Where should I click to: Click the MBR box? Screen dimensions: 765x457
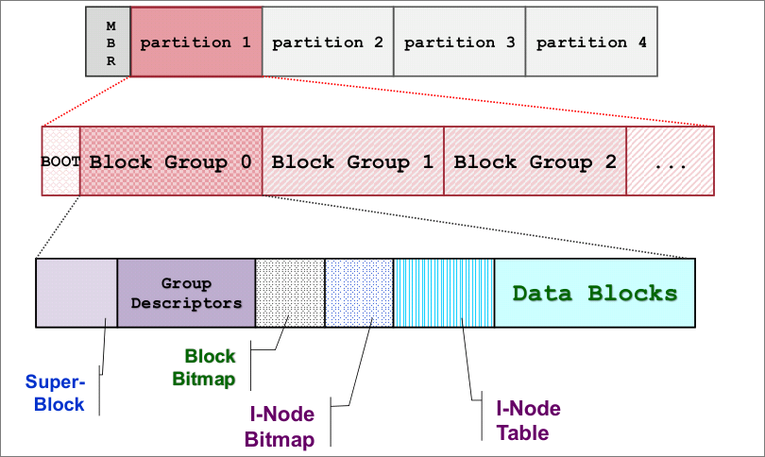[109, 42]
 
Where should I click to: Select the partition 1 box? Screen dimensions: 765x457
[196, 42]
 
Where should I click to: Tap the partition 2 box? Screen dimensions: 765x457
[328, 42]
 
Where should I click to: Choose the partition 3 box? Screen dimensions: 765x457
[460, 42]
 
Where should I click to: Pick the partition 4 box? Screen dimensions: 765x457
[591, 42]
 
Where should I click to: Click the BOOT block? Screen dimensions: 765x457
[60, 161]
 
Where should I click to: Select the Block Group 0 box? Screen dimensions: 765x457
[171, 161]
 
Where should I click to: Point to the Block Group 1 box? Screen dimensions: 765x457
[352, 161]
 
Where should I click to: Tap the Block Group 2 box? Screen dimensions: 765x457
[535, 161]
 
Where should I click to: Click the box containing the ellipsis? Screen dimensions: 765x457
[671, 161]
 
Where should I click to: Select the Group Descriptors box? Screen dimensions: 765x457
[186, 293]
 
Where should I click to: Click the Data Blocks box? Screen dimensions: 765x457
[595, 293]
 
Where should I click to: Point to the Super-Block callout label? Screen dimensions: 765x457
[56, 393]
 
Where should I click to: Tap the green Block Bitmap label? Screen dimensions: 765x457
[204, 367]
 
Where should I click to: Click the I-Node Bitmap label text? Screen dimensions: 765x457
[280, 427]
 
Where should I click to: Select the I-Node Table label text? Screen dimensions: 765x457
[528, 420]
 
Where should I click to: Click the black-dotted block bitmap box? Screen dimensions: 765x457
[290, 293]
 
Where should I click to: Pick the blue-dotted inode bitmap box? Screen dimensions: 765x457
[359, 293]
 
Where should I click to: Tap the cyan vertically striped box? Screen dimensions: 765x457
[444, 293]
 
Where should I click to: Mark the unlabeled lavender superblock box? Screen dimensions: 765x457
[76, 293]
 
